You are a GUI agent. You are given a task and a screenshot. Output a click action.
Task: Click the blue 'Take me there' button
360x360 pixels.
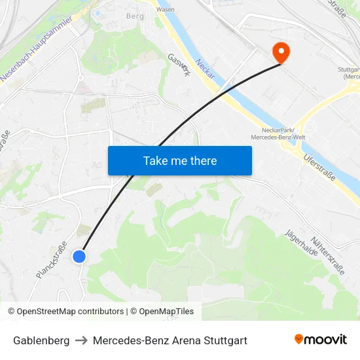(179, 160)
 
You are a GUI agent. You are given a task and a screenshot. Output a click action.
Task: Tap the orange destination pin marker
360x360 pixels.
(281, 52)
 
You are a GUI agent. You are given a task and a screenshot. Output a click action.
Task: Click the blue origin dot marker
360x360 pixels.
(79, 257)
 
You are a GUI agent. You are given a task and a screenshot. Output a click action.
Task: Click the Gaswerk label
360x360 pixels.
(179, 65)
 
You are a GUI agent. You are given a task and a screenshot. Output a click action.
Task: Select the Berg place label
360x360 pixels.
(135, 15)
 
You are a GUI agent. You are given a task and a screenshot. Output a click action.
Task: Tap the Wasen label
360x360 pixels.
(166, 10)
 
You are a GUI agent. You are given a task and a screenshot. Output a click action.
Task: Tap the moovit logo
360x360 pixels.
(321, 339)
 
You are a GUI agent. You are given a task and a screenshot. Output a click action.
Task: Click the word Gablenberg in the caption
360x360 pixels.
(41, 340)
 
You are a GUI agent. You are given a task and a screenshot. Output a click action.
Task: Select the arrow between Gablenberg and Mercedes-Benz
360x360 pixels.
(81, 340)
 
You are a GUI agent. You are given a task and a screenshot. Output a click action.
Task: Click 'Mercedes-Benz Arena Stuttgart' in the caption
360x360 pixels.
(170, 340)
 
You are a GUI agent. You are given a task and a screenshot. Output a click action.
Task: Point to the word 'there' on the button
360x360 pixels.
(202, 160)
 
